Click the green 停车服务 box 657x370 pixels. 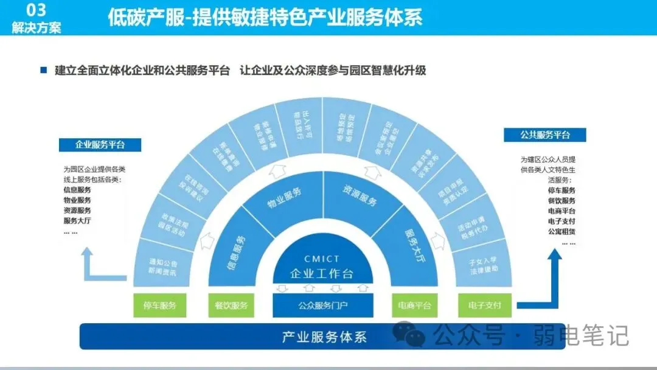tap(159, 305)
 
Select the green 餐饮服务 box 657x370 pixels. tap(231, 305)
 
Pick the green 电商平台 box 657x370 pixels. tap(414, 305)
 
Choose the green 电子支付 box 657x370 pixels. tap(485, 305)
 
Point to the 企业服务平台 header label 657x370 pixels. tap(100, 145)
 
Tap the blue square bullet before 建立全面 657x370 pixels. tap(43, 71)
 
